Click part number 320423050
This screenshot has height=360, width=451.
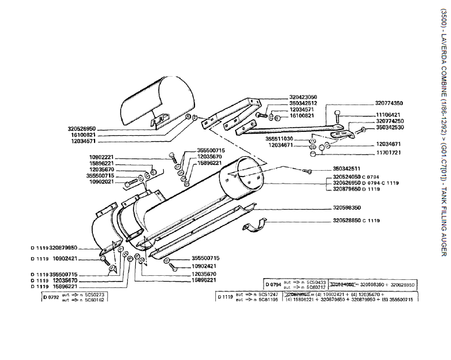(x=302, y=97)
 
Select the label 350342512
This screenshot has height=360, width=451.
(x=302, y=103)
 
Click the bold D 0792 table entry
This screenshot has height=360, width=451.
(x=50, y=297)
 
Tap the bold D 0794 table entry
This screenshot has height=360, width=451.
(x=273, y=285)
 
